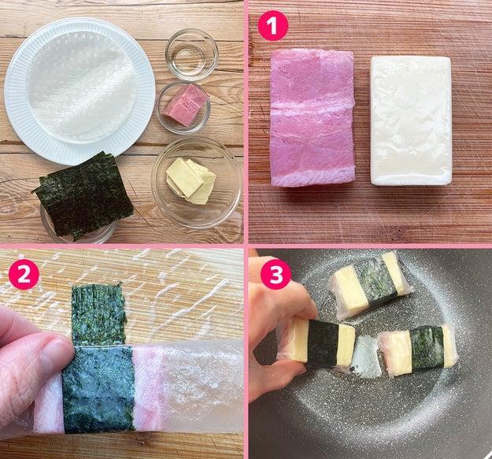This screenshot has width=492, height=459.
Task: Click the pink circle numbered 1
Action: point(272,26)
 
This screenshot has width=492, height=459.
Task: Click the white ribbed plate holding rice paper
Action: point(80,91)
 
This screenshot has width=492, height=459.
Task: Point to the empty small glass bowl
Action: point(192,55)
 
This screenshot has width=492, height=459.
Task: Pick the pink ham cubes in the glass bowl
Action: point(187,105)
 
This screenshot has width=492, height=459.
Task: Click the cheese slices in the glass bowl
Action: point(191,181)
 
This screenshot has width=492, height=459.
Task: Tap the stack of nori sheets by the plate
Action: point(84,196)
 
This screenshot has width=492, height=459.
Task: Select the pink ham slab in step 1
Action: point(313,118)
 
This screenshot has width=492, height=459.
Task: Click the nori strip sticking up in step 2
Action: point(98,313)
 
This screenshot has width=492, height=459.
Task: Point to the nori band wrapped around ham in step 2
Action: point(99,389)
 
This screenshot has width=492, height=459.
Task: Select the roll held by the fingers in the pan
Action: point(317,344)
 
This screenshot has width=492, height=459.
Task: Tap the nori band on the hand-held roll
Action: point(324,344)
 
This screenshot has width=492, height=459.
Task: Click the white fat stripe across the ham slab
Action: point(313,105)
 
